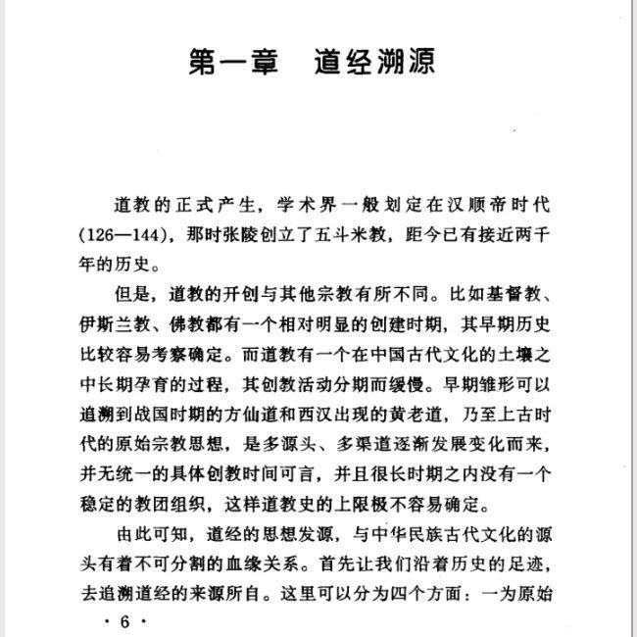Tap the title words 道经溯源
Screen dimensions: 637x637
point(376,62)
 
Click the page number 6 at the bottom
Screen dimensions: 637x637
point(124,623)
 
